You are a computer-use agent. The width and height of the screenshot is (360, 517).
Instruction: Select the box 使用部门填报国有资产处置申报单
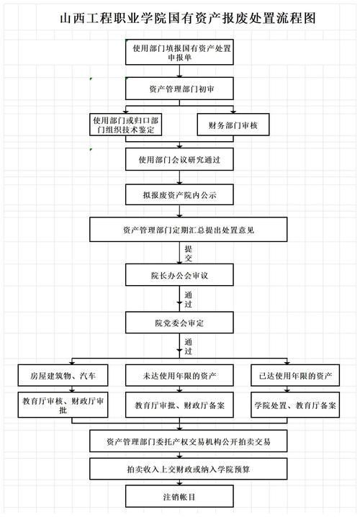click(180, 53)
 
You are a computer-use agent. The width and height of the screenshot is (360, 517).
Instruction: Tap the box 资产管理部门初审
click(180, 88)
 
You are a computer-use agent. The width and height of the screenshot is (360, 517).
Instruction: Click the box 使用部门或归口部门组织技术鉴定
click(126, 124)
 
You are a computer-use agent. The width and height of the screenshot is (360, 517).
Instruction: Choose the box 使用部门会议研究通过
click(180, 158)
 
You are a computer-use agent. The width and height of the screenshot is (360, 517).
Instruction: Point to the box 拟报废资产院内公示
click(180, 194)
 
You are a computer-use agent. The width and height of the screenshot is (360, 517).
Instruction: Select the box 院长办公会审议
click(180, 275)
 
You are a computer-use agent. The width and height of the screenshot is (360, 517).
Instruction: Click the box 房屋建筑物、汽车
click(63, 375)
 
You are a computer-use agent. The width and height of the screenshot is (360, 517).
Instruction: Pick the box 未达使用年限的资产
click(180, 375)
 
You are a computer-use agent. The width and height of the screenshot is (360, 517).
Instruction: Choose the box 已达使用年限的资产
click(295, 375)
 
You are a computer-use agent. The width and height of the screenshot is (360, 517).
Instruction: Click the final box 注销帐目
click(180, 496)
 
